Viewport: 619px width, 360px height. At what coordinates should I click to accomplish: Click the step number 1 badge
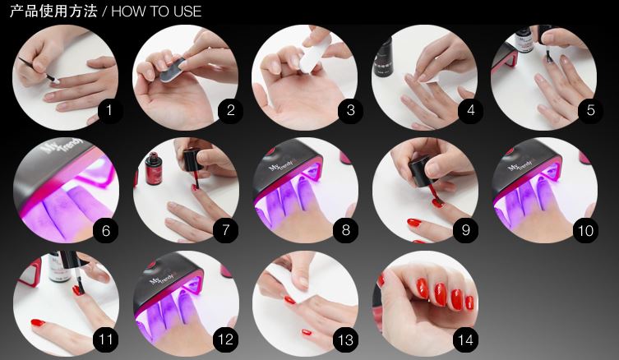pos(109,110)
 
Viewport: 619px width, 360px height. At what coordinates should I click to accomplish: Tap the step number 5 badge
pos(590,110)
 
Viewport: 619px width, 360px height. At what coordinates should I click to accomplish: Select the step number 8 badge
pos(346,230)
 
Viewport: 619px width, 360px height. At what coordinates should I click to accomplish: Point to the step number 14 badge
pos(465,340)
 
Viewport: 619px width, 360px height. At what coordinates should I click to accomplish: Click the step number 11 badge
pos(105,340)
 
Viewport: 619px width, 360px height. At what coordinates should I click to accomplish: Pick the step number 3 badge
pos(350,110)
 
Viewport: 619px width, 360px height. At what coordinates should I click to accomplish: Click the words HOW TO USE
pos(156,11)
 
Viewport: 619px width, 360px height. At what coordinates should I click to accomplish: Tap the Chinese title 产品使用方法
pos(53,11)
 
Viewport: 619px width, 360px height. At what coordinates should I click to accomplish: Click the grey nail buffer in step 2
pos(173,70)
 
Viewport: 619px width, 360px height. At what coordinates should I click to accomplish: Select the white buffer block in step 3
pos(315,54)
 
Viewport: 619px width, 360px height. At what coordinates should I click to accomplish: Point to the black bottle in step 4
pos(383,58)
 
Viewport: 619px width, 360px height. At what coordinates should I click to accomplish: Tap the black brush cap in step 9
pos(420,170)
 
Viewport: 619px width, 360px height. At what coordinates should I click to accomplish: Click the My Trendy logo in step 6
pos(63,145)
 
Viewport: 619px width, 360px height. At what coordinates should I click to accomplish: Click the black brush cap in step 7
pos(193,159)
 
